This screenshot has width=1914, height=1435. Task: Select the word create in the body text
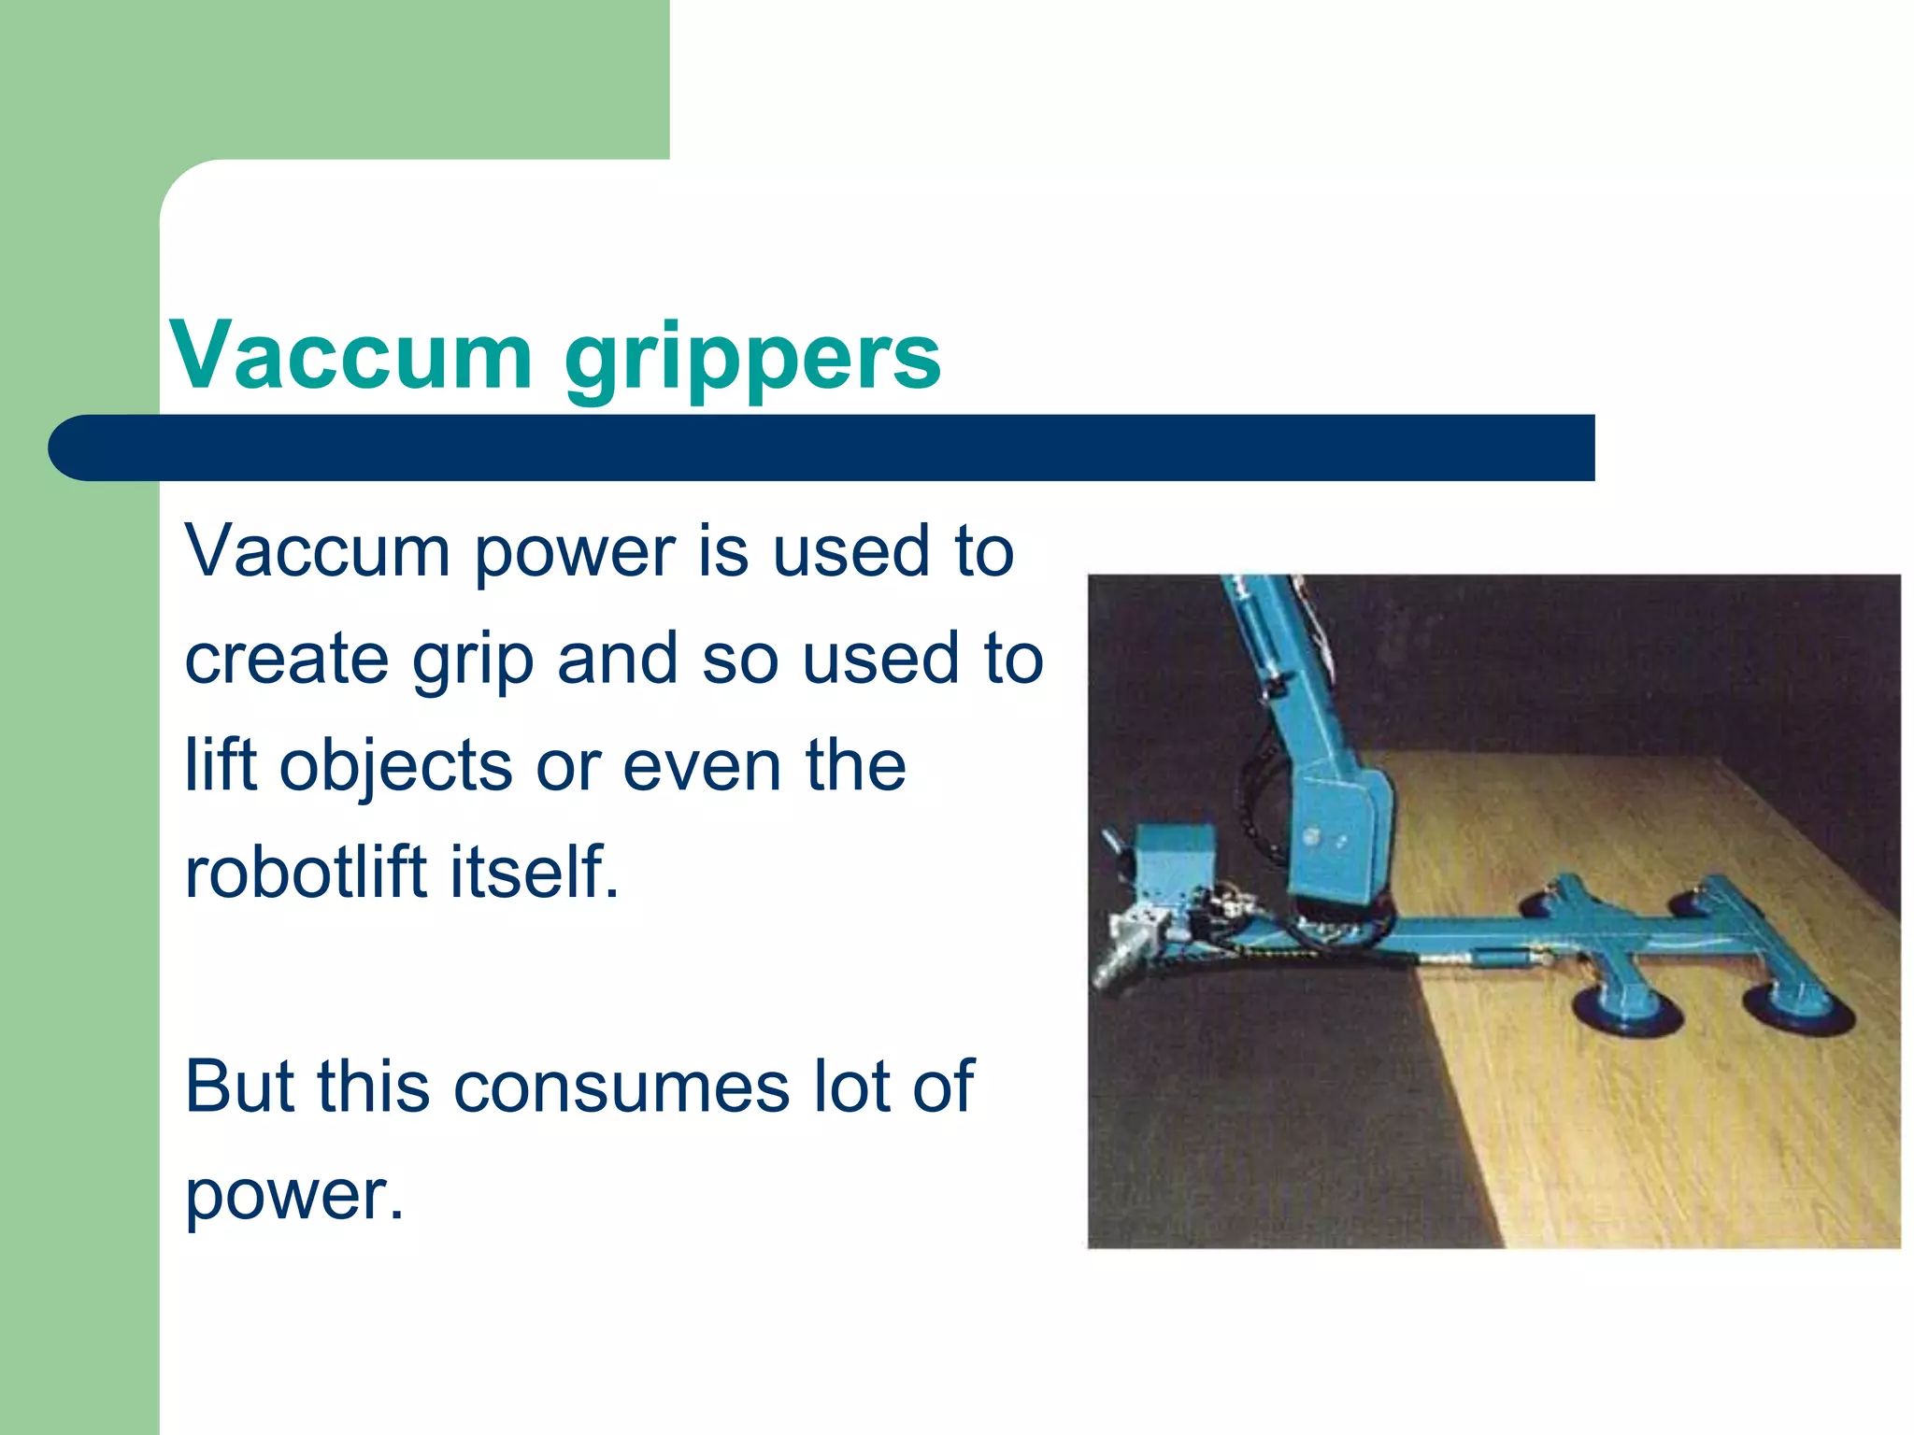click(286, 658)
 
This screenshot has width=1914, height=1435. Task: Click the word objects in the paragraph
click(396, 765)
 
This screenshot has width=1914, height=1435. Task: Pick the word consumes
click(621, 1086)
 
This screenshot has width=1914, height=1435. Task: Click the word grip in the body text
click(473, 660)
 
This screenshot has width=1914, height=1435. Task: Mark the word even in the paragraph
click(701, 765)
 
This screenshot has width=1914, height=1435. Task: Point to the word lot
click(850, 1086)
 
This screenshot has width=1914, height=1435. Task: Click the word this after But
click(373, 1086)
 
